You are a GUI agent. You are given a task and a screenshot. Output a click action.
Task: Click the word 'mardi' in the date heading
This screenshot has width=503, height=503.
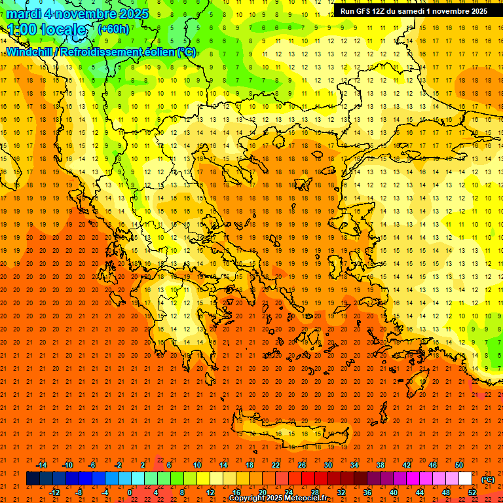coord(24,14)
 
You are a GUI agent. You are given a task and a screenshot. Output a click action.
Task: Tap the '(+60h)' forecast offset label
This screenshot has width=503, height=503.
coord(113,29)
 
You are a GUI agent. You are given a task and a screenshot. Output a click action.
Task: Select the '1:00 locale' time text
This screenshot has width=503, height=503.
coord(47,29)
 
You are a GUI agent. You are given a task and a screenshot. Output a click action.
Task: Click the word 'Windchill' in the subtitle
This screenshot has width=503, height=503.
coord(33,52)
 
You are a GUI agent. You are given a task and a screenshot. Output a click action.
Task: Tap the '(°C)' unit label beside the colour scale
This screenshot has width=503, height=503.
coord(488,479)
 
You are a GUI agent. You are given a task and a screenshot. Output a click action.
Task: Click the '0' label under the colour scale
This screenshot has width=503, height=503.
coord(130,493)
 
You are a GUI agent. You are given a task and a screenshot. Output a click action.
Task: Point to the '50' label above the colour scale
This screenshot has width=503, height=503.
coord(459,464)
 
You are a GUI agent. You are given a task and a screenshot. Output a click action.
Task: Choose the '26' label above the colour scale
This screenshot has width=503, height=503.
coord(302,464)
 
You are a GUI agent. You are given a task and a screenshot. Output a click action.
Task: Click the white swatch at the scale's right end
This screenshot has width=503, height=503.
coord(466,479)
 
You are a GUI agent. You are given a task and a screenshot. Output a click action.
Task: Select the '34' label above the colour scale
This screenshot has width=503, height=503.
coord(354,464)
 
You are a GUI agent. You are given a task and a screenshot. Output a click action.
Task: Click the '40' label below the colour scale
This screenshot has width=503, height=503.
coord(394,493)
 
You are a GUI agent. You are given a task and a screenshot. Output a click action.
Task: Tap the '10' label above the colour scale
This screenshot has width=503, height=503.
coord(197,464)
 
